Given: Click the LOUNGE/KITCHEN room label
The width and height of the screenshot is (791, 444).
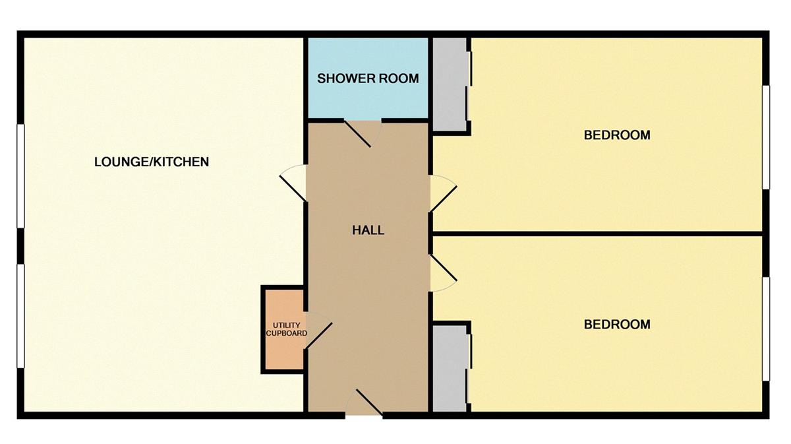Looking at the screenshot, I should (x=152, y=162).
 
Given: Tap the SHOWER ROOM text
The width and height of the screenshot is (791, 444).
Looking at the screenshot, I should (x=368, y=79).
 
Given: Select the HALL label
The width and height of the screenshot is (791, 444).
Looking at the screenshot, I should (x=368, y=230).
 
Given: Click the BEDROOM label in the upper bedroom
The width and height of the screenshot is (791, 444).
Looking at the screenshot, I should (x=617, y=135).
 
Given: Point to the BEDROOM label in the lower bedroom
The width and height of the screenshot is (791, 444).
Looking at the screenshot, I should (x=617, y=325).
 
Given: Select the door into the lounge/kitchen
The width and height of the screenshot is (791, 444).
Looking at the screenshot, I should (x=293, y=183).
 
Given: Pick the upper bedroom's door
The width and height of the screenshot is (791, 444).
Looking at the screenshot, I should (x=444, y=193).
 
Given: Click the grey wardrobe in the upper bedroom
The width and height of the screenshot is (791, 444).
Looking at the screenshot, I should (x=450, y=84).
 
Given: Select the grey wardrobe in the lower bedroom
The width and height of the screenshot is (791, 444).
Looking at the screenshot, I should (x=450, y=367).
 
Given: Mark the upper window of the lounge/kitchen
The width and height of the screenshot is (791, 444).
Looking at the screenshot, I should (x=20, y=176).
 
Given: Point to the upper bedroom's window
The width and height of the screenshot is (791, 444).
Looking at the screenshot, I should (x=767, y=137).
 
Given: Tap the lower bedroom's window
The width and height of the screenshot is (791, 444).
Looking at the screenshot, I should (x=767, y=329).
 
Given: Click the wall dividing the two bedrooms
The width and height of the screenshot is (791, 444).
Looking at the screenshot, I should (x=597, y=233).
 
